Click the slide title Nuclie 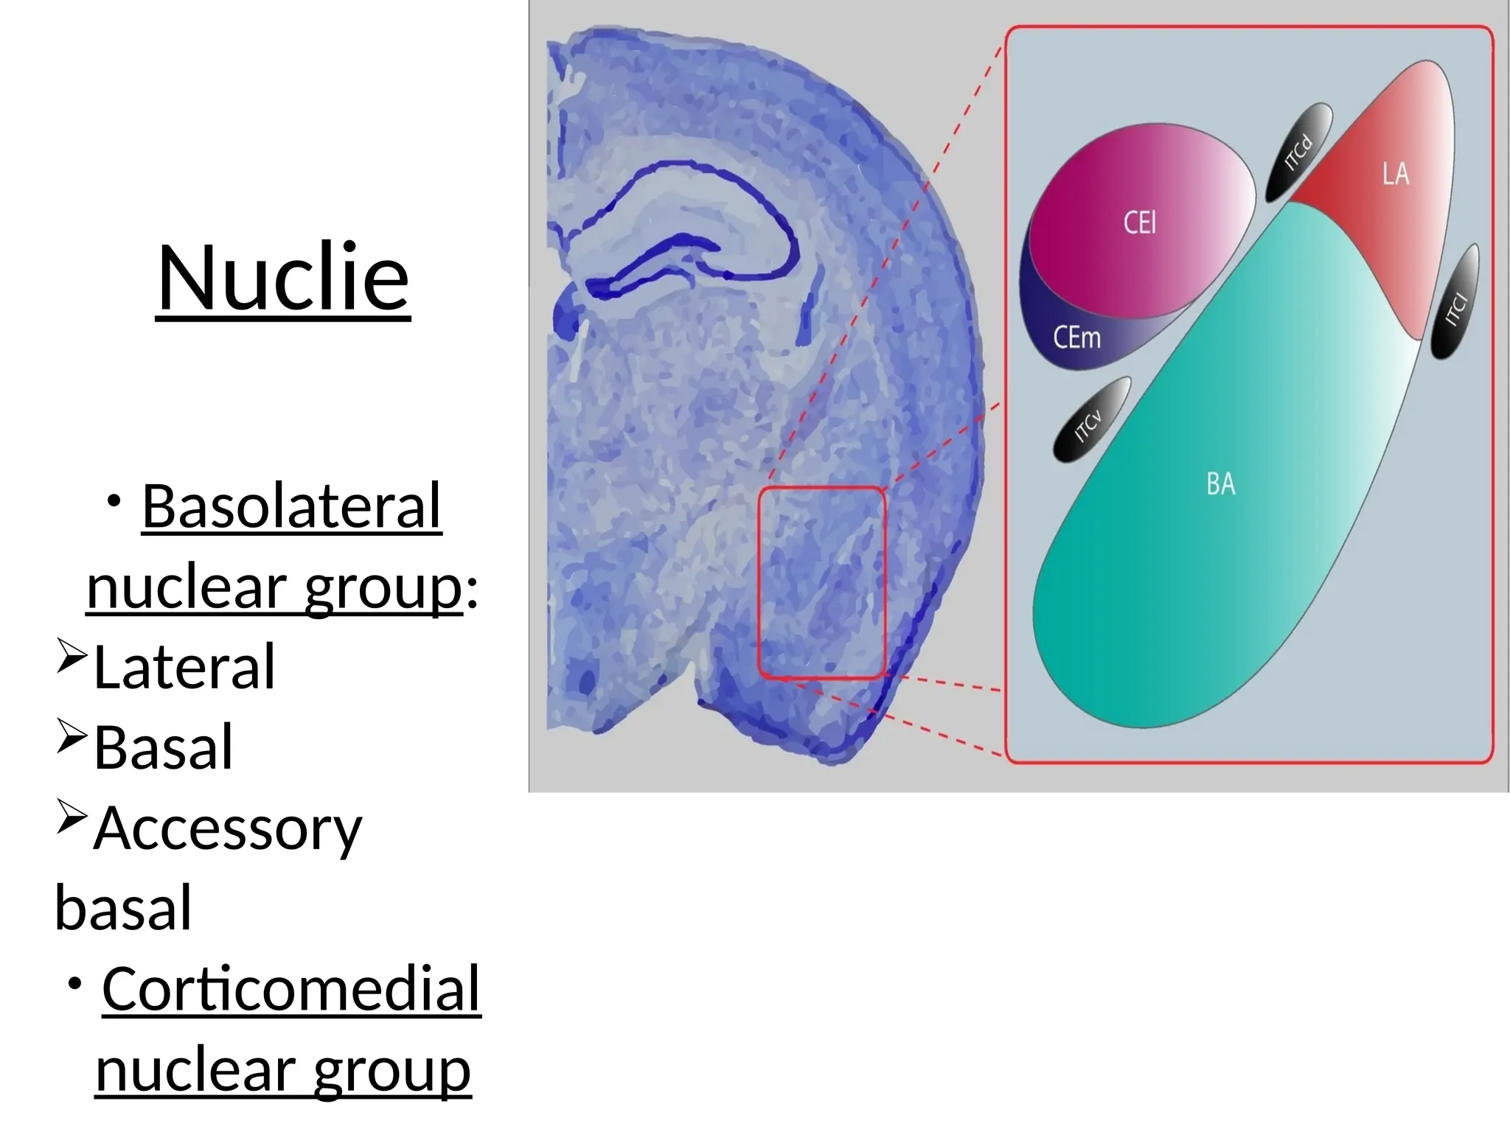coord(283,278)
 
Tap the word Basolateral coord(291,506)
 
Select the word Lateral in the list coord(184,667)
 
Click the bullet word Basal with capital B coord(164,747)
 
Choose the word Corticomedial coord(290,989)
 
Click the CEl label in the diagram coord(1139,223)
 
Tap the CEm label coord(1076,338)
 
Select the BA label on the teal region coord(1220,484)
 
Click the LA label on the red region coord(1395,174)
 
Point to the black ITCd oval coord(1299,152)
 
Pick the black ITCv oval coord(1090,420)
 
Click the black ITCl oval coord(1455,303)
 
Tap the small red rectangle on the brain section coord(822,582)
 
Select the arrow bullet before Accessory coord(72,817)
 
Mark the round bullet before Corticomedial coord(74,985)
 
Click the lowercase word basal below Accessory coord(123,908)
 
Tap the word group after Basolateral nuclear coord(383,589)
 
